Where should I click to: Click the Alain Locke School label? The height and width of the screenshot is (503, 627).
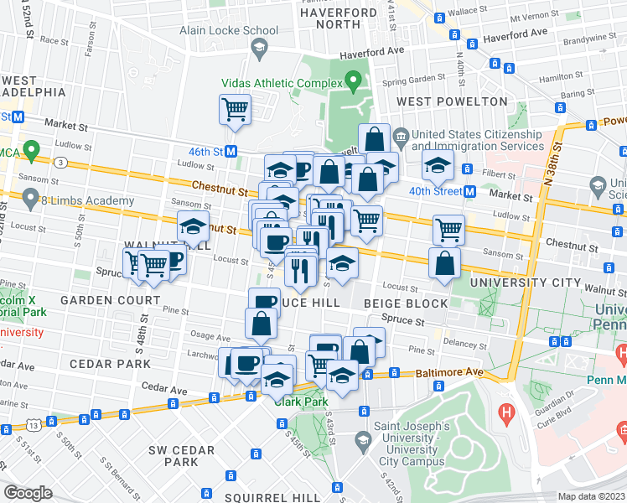(x=216, y=30)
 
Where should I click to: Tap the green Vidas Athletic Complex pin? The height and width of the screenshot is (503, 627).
(x=353, y=82)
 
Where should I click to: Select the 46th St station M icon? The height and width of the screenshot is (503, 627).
(x=230, y=152)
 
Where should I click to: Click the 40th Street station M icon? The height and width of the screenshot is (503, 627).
(x=470, y=191)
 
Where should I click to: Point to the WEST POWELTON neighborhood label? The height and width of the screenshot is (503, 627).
(x=452, y=101)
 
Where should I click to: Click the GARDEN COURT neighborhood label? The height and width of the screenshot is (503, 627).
(x=115, y=300)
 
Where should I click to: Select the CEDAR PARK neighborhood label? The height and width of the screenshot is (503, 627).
(x=110, y=364)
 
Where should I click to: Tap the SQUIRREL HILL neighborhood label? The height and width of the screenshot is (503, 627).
(x=272, y=497)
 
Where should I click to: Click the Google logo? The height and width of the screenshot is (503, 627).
(x=28, y=493)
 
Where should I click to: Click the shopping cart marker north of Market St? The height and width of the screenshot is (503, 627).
(x=235, y=109)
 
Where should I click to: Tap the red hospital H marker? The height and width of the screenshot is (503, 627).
(x=505, y=412)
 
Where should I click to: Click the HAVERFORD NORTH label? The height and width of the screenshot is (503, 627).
(x=339, y=19)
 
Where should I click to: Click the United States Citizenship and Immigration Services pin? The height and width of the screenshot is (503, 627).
(x=402, y=135)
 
